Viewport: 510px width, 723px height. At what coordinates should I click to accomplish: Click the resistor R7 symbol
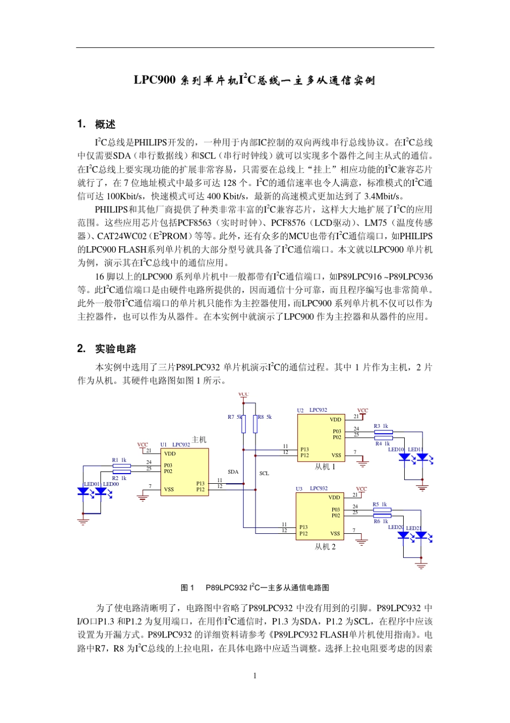[243, 424]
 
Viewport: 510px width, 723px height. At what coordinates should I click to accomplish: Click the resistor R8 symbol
[255, 424]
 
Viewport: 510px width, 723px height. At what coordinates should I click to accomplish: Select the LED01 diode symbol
[83, 491]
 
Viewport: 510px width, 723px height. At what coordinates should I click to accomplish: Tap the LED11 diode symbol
[422, 457]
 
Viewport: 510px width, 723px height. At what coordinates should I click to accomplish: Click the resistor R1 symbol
[122, 466]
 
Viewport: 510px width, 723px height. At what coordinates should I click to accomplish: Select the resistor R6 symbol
[382, 514]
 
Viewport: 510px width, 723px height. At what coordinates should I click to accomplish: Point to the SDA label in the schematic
[233, 472]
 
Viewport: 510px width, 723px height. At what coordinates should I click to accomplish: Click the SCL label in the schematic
[264, 474]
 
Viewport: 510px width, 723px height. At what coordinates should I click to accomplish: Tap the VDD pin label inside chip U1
[170, 454]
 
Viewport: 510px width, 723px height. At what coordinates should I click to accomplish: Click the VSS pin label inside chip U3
[335, 534]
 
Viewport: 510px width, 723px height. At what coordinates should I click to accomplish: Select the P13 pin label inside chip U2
[304, 449]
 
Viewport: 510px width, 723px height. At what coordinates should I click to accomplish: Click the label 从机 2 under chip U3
[325, 547]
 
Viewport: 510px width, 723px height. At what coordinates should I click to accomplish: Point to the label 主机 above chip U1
[199, 440]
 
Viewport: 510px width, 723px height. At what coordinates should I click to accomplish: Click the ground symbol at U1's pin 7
[142, 498]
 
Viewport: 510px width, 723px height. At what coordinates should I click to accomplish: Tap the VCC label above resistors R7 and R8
[244, 395]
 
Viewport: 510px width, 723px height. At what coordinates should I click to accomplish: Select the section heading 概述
[105, 125]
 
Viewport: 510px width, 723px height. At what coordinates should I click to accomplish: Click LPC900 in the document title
[155, 80]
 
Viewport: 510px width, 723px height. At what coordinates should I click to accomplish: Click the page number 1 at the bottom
[254, 676]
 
